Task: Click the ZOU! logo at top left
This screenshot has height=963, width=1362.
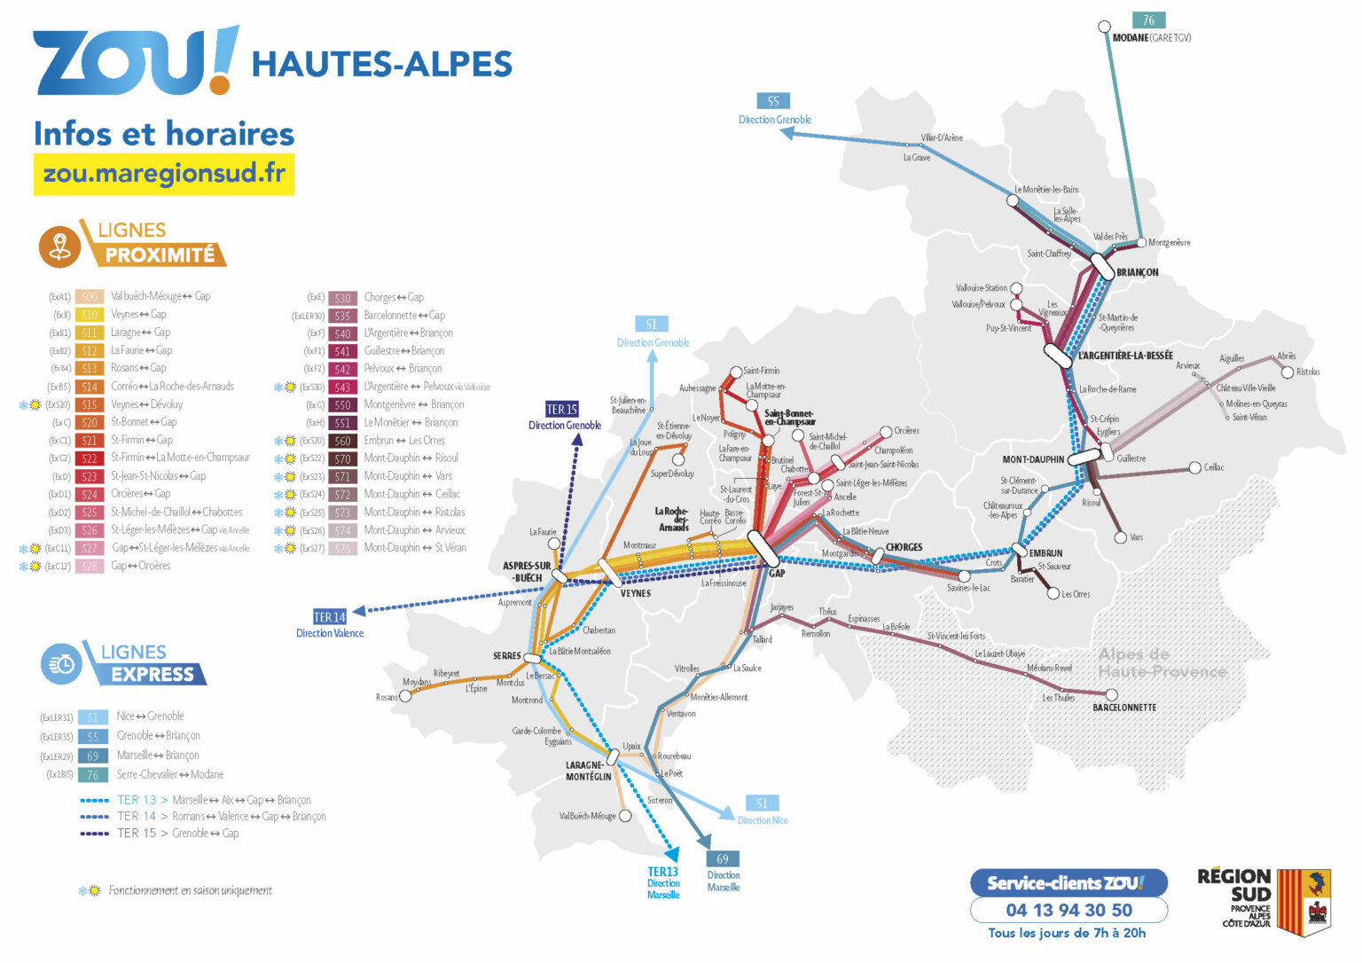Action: (x=135, y=60)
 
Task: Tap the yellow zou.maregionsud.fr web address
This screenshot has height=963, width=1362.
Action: (x=164, y=174)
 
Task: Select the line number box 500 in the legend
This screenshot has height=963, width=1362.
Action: (x=90, y=297)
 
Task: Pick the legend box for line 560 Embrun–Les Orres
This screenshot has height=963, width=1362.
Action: (x=342, y=441)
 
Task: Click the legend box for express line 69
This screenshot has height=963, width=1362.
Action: (x=93, y=756)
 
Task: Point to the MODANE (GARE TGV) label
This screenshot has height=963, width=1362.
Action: (x=1151, y=38)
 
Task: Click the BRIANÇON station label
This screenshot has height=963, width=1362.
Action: (x=1137, y=272)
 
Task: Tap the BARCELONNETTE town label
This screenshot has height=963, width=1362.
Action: (x=1123, y=708)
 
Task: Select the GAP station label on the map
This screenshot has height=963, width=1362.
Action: (x=777, y=573)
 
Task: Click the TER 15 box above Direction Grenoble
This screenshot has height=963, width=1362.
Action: (x=561, y=410)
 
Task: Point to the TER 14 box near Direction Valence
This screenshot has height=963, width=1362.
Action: (x=329, y=617)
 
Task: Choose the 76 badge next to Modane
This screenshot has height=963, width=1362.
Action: (x=1148, y=20)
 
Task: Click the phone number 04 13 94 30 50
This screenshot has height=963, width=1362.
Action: (x=1068, y=910)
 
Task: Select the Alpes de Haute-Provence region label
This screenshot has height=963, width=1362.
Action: (x=1161, y=662)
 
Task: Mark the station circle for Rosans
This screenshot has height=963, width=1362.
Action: (x=405, y=696)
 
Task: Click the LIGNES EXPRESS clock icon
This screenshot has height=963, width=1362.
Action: (x=61, y=663)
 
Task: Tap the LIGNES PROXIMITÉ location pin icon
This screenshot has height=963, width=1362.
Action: (x=60, y=246)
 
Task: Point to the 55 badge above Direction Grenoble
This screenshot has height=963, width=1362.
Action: (x=773, y=101)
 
